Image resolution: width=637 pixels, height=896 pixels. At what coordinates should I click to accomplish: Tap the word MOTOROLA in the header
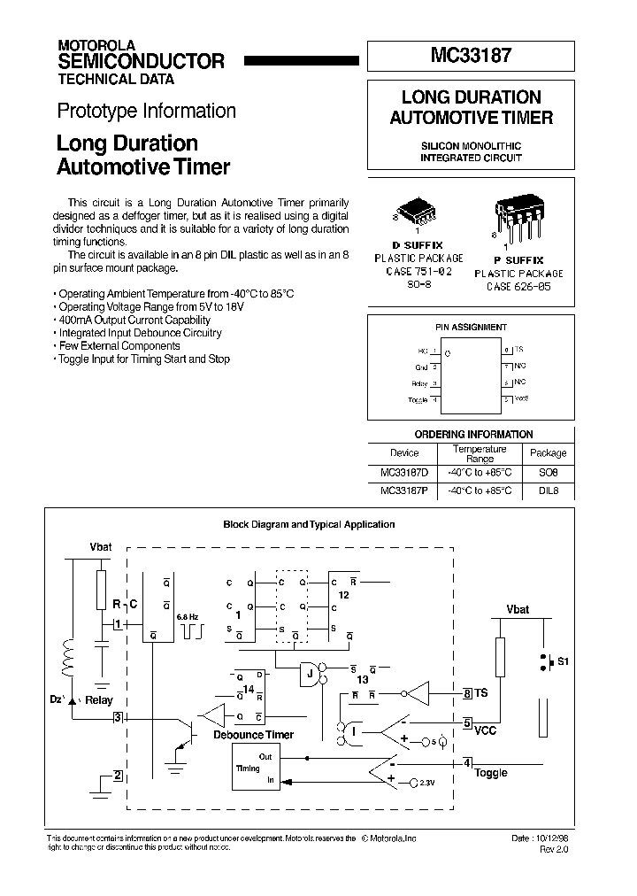(96, 44)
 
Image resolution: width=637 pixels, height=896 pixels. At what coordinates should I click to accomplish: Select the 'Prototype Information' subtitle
(146, 111)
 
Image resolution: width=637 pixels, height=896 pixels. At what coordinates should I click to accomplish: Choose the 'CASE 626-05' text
(518, 286)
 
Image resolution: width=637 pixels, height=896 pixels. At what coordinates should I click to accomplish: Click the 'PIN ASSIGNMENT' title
(471, 327)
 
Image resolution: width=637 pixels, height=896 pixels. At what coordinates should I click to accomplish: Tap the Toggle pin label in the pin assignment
(418, 399)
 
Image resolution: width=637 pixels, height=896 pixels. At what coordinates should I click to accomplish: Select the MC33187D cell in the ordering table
(403, 474)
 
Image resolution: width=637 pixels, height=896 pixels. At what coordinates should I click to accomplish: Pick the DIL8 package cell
(548, 490)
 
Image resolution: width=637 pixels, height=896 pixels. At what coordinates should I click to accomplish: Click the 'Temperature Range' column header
(480, 453)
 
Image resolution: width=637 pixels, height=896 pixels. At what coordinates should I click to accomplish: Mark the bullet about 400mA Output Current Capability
(132, 319)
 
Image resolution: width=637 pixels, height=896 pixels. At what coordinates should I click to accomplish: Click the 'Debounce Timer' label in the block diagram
(253, 735)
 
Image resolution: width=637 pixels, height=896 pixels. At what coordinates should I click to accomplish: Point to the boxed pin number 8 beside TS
(467, 694)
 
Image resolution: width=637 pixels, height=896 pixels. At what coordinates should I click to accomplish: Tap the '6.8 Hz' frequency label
(188, 615)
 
